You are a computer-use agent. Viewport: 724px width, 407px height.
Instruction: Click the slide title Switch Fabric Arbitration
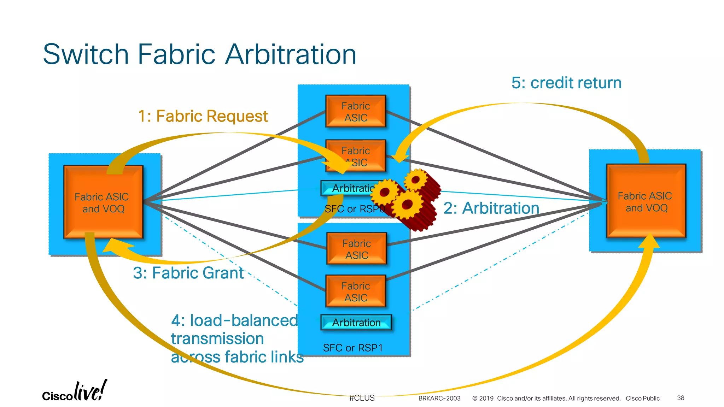pos(199,54)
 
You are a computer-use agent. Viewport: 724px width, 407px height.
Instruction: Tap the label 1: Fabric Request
pos(203,116)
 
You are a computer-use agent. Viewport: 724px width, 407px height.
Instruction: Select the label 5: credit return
pos(566,83)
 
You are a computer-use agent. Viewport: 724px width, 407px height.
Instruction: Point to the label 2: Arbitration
pos(491,208)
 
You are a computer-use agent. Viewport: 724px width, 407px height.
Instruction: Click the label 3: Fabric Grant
pos(188,273)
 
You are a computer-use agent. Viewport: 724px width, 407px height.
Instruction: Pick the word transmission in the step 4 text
pos(217,338)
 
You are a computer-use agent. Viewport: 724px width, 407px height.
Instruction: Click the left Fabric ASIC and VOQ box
pos(103,202)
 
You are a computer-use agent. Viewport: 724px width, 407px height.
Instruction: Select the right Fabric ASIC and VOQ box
pos(646,201)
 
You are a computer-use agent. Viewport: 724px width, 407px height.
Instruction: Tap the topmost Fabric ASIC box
pos(356,111)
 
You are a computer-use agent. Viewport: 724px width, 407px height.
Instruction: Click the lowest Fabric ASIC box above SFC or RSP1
pos(356,291)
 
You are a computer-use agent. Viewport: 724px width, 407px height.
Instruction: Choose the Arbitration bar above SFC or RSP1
pos(356,322)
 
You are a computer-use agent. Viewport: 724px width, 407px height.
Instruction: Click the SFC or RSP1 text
pos(353,348)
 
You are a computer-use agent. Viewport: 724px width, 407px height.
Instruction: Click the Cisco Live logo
pos(75,391)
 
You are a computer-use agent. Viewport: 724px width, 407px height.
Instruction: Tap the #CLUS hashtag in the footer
pos(362,398)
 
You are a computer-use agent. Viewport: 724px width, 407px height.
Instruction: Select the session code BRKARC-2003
pos(439,399)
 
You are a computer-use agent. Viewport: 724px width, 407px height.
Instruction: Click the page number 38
pos(681,398)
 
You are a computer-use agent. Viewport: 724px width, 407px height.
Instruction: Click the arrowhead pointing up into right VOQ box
pos(649,241)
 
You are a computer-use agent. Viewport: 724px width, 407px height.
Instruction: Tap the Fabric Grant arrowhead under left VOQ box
pos(115,246)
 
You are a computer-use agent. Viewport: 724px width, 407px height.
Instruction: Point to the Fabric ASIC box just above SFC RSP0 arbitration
pos(356,156)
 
